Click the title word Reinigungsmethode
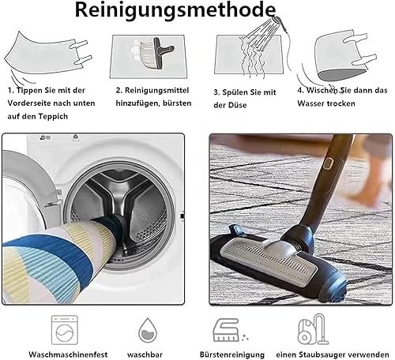(175, 10)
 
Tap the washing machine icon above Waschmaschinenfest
(65, 330)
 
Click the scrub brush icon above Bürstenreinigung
(228, 330)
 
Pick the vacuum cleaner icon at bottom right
(314, 329)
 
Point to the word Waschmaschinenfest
(68, 354)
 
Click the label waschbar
(145, 354)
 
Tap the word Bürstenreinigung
(232, 354)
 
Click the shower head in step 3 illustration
(278, 21)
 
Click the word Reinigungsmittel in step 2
(156, 91)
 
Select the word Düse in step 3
(238, 105)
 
